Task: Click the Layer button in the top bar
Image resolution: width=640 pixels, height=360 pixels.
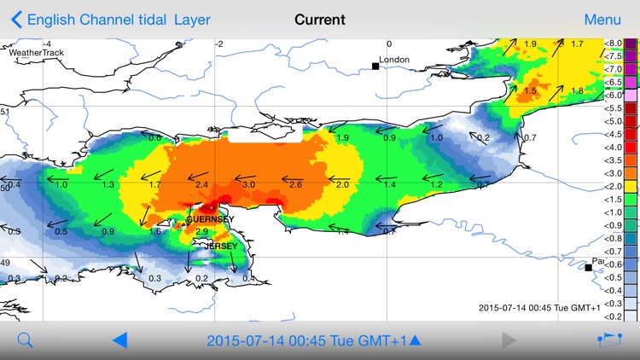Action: pos(192,20)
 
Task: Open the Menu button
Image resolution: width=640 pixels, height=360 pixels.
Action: pos(602,20)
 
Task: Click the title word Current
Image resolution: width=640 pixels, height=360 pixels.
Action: pos(320,20)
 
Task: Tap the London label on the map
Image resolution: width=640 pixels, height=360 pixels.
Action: pos(394,60)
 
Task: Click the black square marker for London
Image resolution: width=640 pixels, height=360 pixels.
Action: pos(375,66)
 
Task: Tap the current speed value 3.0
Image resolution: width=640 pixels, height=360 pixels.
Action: pos(248,185)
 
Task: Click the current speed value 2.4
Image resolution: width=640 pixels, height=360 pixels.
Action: pos(201,185)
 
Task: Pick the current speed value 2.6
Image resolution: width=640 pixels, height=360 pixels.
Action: pos(295,185)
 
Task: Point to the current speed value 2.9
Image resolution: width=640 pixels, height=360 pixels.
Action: pos(202,231)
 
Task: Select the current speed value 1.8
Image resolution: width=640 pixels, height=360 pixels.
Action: pos(577,91)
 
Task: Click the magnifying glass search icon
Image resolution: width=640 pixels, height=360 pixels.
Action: pos(25,340)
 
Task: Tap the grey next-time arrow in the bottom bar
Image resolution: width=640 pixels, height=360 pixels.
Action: pos(509,340)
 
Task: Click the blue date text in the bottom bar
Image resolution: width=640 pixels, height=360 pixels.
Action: pos(307,340)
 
